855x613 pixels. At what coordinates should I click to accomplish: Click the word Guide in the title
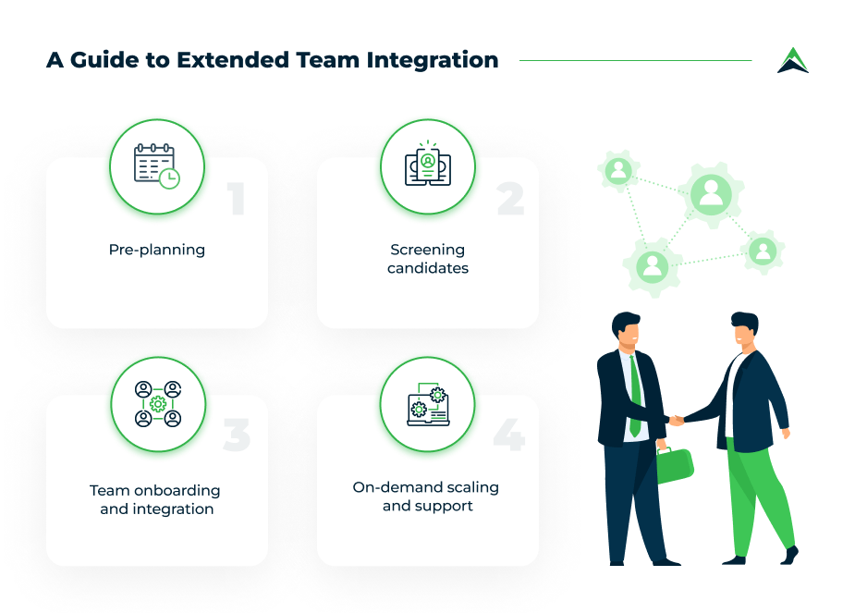point(104,60)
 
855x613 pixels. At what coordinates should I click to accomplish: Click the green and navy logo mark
point(793,60)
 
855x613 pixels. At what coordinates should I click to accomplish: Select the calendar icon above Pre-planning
point(157,166)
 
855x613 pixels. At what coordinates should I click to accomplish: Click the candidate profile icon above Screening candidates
point(428,164)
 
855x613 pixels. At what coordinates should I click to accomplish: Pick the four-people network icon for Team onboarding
point(158,404)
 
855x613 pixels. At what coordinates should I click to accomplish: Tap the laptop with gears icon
point(429,404)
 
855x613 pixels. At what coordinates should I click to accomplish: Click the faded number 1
point(236,199)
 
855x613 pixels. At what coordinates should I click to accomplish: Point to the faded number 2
point(511,199)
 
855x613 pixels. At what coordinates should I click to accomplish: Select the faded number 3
point(237,435)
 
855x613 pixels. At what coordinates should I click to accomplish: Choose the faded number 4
point(509,435)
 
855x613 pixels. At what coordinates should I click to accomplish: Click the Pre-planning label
point(157,250)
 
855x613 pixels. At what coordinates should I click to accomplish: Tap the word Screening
point(427,250)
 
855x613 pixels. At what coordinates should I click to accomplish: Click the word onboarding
point(177,491)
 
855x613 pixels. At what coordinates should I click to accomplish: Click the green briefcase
point(674,465)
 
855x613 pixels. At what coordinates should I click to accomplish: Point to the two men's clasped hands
point(677,420)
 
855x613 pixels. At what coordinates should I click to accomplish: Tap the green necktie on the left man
point(635,396)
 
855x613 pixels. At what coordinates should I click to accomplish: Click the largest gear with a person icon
point(711,195)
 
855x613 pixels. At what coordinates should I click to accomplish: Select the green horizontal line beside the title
point(636,60)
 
